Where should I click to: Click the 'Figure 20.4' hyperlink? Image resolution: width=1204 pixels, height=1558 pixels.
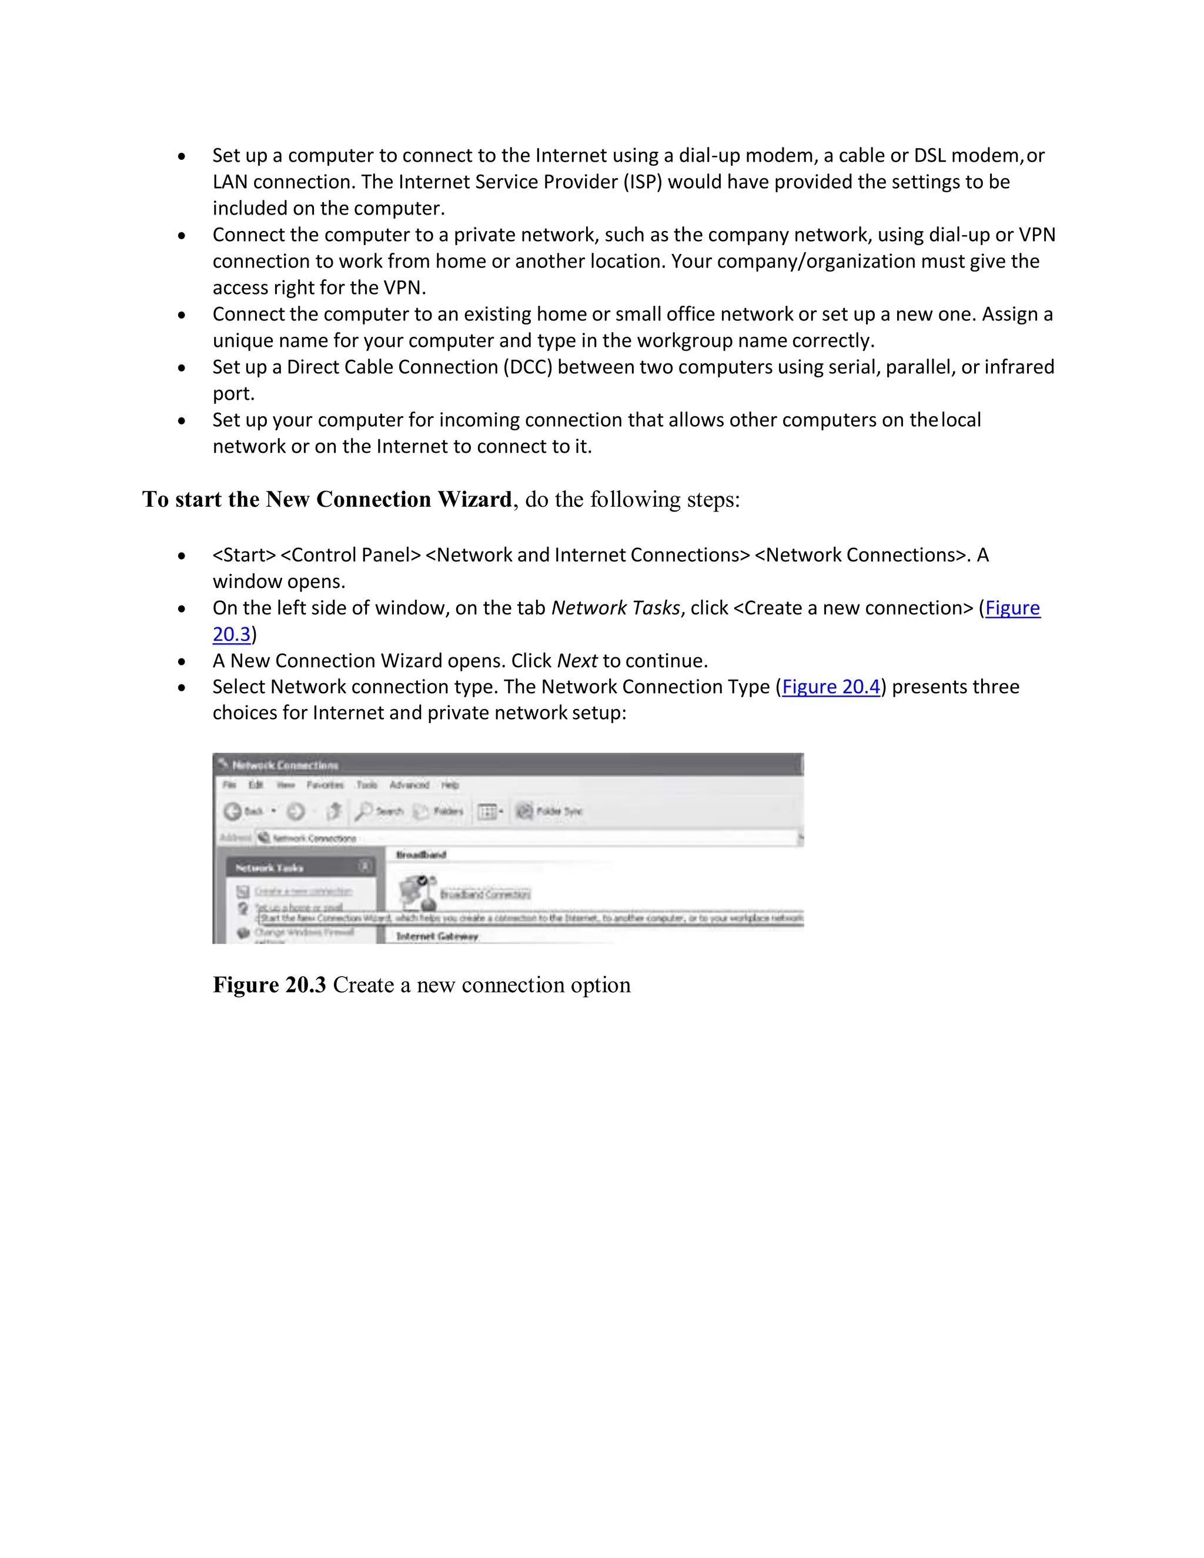pos(831,687)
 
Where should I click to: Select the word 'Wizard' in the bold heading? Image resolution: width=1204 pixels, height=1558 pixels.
pos(474,499)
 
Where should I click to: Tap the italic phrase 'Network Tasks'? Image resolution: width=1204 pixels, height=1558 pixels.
pos(616,608)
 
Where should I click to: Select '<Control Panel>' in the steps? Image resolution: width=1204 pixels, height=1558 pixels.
pos(350,555)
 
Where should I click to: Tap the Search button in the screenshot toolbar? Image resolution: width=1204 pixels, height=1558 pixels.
pos(380,811)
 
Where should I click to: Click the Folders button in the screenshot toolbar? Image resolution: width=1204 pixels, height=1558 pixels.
pos(440,811)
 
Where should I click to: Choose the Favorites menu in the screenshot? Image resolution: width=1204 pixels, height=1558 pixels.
pos(325,785)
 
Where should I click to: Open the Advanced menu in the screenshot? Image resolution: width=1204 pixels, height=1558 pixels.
pos(409,785)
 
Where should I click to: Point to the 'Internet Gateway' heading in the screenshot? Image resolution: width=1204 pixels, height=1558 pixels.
pos(437,936)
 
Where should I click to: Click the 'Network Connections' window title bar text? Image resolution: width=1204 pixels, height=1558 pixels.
pos(285,765)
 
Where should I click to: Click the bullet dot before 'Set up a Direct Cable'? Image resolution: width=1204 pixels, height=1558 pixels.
pos(182,368)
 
